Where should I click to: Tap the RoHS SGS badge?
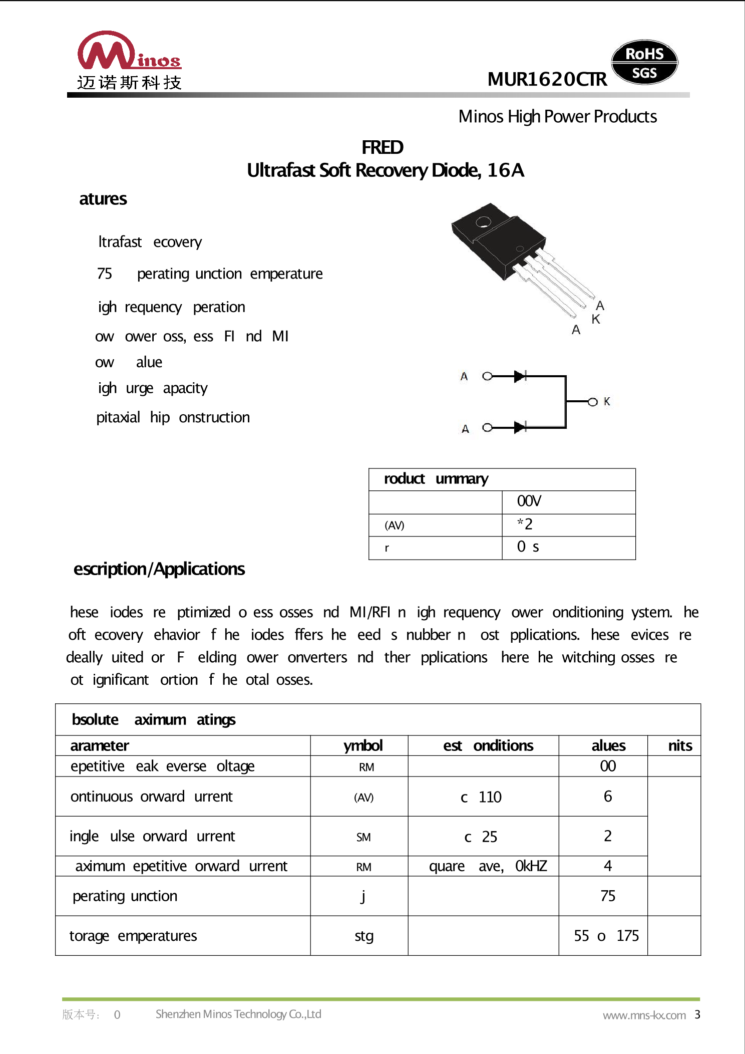coord(644,63)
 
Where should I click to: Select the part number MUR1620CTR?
coord(547,79)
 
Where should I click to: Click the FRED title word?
coord(382,147)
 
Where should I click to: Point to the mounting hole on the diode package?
coord(483,221)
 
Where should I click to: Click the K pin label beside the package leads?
coord(595,319)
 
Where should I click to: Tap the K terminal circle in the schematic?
coord(593,402)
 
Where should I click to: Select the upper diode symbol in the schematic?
coord(520,376)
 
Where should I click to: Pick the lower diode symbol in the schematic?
coord(520,427)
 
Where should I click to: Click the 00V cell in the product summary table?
coord(529,501)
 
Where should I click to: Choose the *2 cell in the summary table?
coord(525,524)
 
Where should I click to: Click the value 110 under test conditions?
coord(490,797)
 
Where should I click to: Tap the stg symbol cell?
coord(364,936)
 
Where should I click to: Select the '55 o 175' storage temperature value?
coord(606,936)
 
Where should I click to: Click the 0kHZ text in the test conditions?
coord(531,866)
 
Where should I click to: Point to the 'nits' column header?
coord(680,746)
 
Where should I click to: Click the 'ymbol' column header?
coord(363,746)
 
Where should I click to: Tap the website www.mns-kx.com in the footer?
coord(644,1015)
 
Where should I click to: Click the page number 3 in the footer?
coord(697,1014)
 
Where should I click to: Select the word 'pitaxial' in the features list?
coord(118,417)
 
